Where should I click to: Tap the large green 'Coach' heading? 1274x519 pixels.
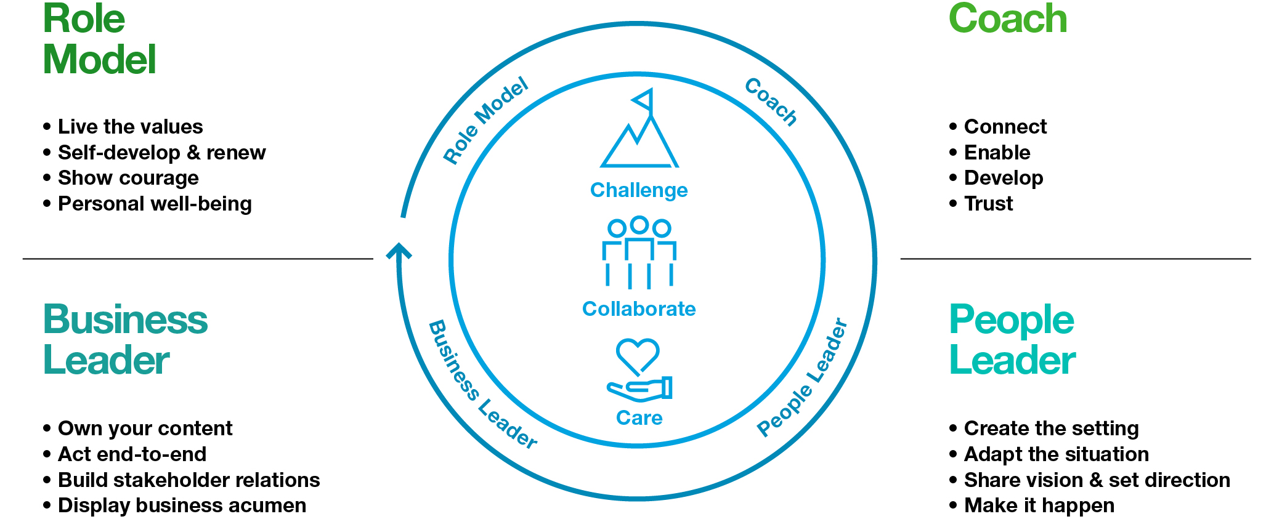tap(1008, 19)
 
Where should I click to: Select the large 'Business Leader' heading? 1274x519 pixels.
tap(125, 340)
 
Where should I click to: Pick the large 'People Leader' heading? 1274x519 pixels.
tap(1012, 340)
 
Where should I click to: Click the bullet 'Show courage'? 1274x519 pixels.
tap(128, 178)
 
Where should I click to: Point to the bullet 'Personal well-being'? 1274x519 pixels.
tap(154, 204)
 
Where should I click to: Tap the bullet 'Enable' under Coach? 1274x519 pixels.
tap(996, 152)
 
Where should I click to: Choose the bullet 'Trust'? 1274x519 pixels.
tap(988, 204)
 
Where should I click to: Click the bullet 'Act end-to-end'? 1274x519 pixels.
tap(132, 454)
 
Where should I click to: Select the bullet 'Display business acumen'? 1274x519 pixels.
tap(181, 505)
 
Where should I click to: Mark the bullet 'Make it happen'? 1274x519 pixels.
tap(1039, 505)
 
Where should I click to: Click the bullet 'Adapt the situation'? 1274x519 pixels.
tap(1056, 454)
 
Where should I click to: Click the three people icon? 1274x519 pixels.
tap(639, 252)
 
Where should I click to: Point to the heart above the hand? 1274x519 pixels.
tap(638, 355)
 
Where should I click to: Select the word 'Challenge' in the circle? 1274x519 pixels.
tap(639, 190)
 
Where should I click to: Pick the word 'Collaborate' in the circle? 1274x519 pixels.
tap(639, 308)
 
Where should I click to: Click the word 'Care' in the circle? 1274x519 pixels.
tap(639, 418)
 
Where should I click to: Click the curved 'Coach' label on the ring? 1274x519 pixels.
tap(771, 102)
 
